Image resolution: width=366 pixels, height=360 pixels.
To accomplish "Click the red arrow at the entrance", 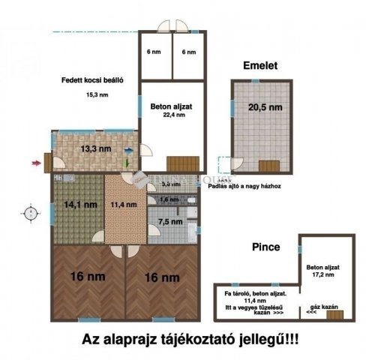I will (35, 160).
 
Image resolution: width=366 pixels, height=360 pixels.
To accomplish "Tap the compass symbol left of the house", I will (30, 213).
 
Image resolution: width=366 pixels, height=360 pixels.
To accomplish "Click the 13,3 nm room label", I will (94, 148).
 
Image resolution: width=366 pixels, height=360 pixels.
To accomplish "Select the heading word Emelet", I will (260, 66).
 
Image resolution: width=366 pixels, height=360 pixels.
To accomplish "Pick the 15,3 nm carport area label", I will (97, 94).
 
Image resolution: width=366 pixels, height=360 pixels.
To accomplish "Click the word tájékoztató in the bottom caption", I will (197, 339).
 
